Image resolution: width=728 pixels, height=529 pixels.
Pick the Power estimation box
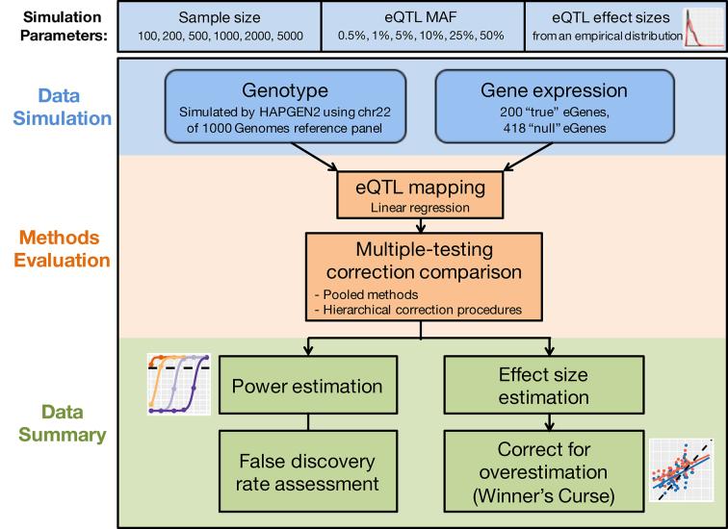click(307, 387)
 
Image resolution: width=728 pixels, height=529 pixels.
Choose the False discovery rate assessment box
click(307, 465)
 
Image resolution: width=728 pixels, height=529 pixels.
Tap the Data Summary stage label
click(58, 424)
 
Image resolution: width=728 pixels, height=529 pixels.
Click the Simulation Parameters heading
click(58, 26)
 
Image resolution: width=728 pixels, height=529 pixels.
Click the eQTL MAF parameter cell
click(421, 26)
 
